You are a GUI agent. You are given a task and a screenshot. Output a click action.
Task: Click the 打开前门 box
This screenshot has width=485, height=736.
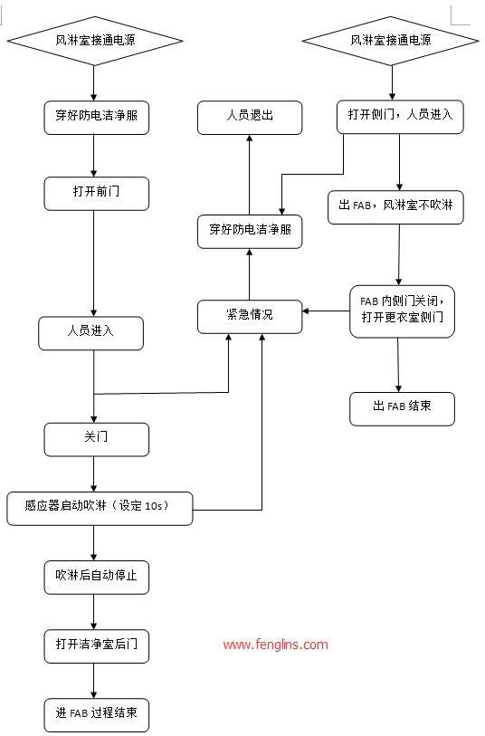coord(96,194)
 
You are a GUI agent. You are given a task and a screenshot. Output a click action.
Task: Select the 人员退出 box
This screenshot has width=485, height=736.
coord(250,117)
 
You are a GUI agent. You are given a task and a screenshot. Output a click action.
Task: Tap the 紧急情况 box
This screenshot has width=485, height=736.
coord(250,315)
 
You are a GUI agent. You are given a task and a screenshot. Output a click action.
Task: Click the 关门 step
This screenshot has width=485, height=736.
coord(96,438)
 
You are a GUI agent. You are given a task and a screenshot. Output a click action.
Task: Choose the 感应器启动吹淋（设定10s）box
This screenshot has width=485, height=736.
coord(100,507)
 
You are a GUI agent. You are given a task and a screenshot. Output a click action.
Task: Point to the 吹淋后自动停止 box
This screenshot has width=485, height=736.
coord(96,577)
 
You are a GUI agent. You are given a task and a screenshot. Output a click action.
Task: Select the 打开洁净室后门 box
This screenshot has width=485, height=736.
coord(96,645)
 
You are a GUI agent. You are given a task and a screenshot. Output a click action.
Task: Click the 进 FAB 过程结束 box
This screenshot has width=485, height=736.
coord(96,713)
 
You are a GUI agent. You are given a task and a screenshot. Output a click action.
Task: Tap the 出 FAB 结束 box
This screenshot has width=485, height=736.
coord(402,407)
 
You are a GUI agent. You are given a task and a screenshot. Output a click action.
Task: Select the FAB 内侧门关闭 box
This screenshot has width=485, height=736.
coord(402,311)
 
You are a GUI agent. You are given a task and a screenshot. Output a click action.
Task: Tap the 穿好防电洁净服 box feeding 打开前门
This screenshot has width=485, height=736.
coord(96,117)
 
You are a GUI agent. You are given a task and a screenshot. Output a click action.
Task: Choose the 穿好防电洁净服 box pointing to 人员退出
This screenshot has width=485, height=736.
coord(250,231)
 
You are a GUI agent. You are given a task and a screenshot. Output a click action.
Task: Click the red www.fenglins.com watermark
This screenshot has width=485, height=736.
coord(275,645)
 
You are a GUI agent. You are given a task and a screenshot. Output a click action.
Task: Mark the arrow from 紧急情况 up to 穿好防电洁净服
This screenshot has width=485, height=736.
coord(250,272)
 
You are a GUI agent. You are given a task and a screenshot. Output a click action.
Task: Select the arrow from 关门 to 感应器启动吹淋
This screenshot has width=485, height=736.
coord(95,473)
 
